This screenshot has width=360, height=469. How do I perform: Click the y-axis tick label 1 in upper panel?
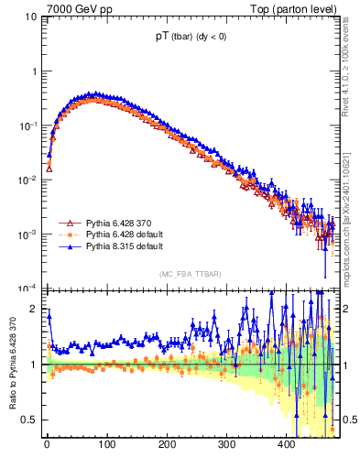tap(34, 71)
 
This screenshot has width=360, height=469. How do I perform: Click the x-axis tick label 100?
tap(106, 444)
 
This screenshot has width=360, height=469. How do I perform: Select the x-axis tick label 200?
tap(167, 444)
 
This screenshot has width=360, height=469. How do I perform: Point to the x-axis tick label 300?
tap(226, 444)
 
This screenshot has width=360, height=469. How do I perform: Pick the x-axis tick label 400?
tap(287, 444)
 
